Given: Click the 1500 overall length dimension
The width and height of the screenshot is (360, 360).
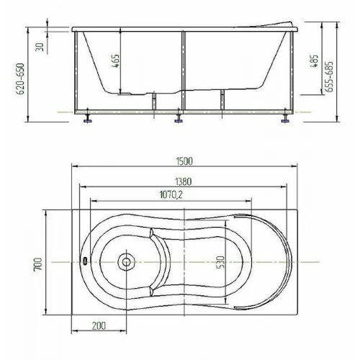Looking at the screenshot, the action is (x=184, y=161).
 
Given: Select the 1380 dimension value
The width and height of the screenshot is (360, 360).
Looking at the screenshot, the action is (x=184, y=181).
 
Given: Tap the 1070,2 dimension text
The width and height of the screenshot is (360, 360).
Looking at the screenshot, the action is (x=171, y=194).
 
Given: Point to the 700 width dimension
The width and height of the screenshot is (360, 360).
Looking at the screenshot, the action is (x=38, y=264).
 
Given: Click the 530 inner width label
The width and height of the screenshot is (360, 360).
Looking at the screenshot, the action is (x=220, y=262).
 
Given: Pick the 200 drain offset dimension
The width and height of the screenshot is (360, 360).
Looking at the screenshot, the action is (x=99, y=325).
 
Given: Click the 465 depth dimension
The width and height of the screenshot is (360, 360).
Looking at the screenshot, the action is (x=116, y=61).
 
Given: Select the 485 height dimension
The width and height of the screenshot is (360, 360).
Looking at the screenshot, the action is (x=315, y=61).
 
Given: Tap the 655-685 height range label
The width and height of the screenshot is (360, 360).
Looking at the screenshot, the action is (x=329, y=77).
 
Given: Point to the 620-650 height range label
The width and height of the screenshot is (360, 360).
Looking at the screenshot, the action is (x=21, y=78).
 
